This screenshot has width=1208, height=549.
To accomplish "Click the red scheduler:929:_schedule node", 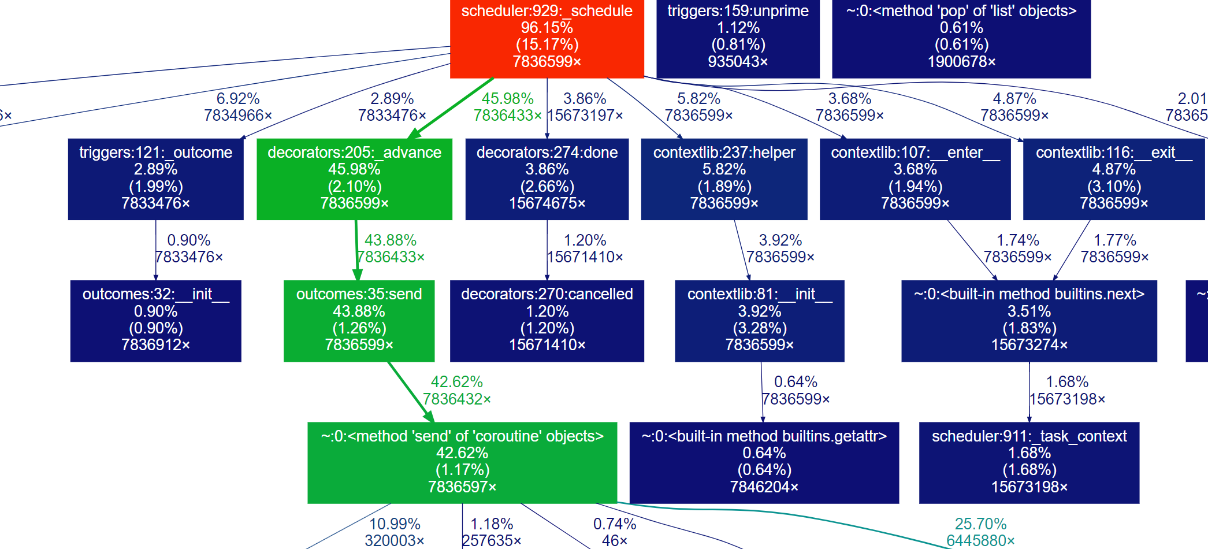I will tap(547, 36).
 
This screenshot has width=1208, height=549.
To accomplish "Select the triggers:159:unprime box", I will tap(738, 36).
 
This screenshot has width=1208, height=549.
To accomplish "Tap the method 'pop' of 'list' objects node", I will tap(961, 36).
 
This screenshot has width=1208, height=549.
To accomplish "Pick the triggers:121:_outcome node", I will tap(155, 179).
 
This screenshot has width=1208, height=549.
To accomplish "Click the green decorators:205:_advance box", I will tap(354, 179).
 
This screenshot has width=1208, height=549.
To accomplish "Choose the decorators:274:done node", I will tap(547, 179).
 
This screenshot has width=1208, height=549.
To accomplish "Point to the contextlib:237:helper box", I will tap(724, 179).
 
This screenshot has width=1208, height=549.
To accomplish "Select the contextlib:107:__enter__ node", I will tap(915, 179).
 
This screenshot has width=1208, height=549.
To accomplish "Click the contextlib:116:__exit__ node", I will tap(1113, 179).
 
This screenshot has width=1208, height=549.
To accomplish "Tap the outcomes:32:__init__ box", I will tap(155, 320).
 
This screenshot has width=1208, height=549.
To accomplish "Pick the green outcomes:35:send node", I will tap(359, 320).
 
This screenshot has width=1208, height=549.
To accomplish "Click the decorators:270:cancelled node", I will tap(547, 320).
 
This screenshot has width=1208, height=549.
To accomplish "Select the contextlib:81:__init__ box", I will tap(759, 320).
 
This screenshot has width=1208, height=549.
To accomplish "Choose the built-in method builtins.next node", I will tap(1029, 320).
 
